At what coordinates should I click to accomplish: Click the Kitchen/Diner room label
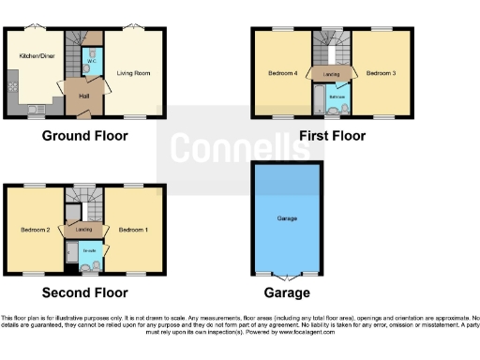coord(34,56)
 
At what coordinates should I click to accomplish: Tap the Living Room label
coord(132,72)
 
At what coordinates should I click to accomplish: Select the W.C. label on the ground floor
coord(91,62)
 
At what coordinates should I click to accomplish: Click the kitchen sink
coord(35,110)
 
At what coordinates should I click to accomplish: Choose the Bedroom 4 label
coord(282,72)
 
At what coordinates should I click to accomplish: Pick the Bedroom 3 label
coord(380,72)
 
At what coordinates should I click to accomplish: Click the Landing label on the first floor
coord(331,72)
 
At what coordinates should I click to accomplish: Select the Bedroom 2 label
coord(35,229)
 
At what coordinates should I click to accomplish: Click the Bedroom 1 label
coord(132,229)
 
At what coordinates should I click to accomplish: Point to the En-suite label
coord(90,249)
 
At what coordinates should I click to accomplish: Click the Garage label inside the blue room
coord(287,218)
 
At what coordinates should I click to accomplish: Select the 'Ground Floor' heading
coord(84,136)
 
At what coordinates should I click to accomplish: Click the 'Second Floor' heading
coord(84,292)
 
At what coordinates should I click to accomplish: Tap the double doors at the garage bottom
coord(288,274)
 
